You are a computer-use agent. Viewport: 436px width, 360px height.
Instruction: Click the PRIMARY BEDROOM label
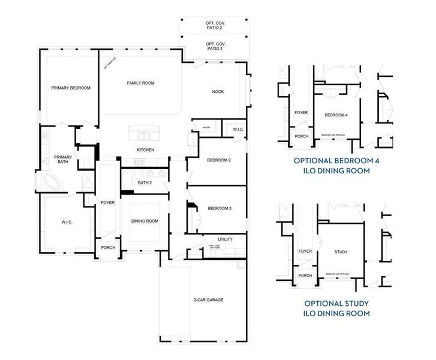pyautogui.click(x=70, y=88)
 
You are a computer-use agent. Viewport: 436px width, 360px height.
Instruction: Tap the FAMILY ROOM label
pyautogui.click(x=140, y=83)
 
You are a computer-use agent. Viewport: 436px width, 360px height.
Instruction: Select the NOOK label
pyautogui.click(x=218, y=92)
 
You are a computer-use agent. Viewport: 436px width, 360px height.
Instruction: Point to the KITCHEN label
pyautogui.click(x=146, y=149)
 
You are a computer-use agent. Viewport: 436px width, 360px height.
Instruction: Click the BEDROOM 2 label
pyautogui.click(x=219, y=160)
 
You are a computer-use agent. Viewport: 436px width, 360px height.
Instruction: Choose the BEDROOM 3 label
pyautogui.click(x=219, y=208)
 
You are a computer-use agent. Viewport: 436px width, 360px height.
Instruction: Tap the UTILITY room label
pyautogui.click(x=224, y=239)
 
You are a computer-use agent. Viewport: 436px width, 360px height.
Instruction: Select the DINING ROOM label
pyautogui.click(x=145, y=221)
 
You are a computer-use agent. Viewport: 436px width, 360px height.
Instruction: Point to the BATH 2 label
pyautogui.click(x=145, y=182)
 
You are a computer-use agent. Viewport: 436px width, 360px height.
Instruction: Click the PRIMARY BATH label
pyautogui.click(x=64, y=160)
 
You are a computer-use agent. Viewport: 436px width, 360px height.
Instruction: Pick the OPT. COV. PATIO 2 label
pyautogui.click(x=214, y=25)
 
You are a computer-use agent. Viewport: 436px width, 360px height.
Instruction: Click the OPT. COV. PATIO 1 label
pyautogui.click(x=214, y=47)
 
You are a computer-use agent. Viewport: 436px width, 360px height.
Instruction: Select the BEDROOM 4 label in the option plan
pyautogui.click(x=336, y=115)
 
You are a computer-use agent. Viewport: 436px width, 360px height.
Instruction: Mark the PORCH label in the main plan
pyautogui.click(x=108, y=248)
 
